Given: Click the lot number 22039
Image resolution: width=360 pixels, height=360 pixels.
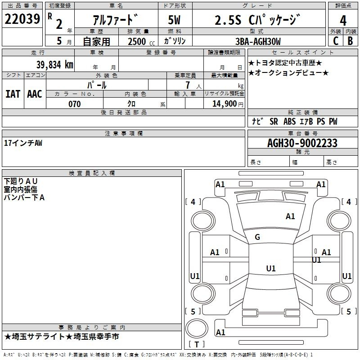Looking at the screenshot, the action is click(x=22, y=19).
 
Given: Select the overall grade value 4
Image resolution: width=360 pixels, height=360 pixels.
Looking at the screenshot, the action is click(x=343, y=20).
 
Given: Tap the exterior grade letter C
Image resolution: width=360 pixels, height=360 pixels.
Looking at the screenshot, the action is click(x=336, y=41).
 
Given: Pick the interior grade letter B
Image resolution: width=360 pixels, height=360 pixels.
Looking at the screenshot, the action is click(x=350, y=41).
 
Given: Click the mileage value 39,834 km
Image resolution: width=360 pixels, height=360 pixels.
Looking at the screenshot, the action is click(x=54, y=65).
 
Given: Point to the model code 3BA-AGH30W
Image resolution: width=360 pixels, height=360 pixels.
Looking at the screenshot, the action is click(x=258, y=41).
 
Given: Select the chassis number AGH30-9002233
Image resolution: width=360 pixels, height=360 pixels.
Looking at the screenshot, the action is click(x=302, y=143).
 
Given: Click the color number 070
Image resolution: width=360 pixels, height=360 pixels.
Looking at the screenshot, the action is click(x=75, y=104).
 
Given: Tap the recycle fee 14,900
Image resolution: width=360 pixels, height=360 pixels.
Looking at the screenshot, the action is click(x=224, y=103).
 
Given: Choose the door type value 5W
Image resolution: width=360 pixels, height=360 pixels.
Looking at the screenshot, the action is click(x=174, y=20).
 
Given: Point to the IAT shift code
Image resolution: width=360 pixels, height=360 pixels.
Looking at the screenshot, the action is click(x=13, y=94).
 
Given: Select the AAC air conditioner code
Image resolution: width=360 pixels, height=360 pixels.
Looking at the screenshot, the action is click(x=35, y=94).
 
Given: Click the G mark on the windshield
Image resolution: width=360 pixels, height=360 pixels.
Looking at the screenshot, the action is click(x=257, y=237).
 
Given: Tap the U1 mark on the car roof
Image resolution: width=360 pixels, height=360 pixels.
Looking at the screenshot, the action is click(x=271, y=268).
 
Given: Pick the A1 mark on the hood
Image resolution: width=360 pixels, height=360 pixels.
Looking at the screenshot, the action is click(x=290, y=216).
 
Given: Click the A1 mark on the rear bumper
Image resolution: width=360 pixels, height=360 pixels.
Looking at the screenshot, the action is click(x=220, y=332).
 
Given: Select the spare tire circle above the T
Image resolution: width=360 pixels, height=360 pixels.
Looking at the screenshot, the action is click(x=197, y=328).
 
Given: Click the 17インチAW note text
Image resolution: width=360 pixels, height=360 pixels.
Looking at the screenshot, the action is click(x=23, y=143).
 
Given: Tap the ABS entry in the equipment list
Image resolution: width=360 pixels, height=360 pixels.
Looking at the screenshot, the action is click(x=289, y=121).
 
